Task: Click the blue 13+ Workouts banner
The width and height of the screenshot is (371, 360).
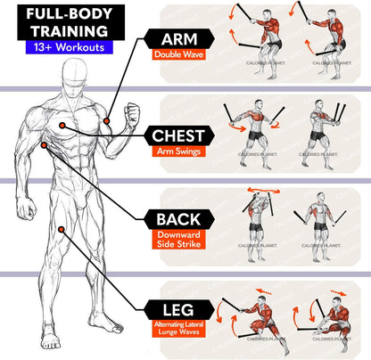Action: [62, 48]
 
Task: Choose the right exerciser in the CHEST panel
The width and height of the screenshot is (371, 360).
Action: [323, 137]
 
